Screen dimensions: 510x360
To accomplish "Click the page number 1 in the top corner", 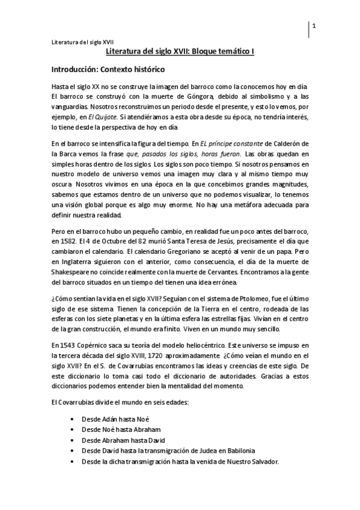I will pyautogui.click(x=314, y=26).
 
